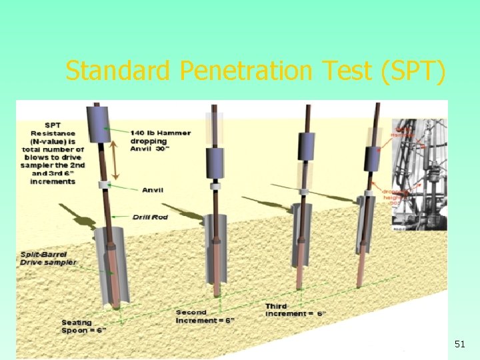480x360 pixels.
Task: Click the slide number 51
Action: coord(459,344)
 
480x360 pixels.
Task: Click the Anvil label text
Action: coord(153,190)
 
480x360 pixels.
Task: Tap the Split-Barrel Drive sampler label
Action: coord(48,259)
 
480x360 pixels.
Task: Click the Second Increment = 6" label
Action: coord(205,316)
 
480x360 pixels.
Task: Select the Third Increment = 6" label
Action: coord(295,309)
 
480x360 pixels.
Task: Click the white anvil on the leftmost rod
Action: coord(103,185)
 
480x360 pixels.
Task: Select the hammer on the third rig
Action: coord(306,147)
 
